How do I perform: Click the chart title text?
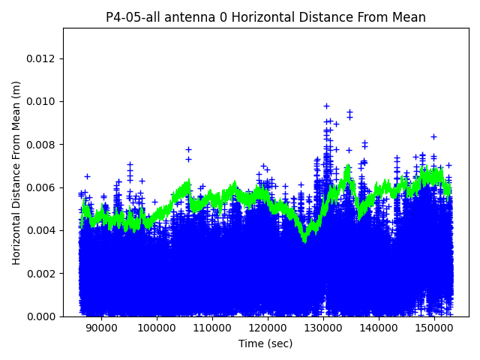tap(265, 17)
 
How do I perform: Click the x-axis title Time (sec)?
tap(265, 343)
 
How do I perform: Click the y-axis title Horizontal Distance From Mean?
tap(16, 172)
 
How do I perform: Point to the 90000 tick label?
tap(100, 327)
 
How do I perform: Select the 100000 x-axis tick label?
tap(156, 327)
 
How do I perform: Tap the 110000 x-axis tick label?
tap(211, 327)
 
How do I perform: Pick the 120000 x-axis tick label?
tap(267, 327)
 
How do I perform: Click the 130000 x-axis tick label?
tap(322, 327)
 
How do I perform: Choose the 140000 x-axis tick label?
tap(378, 327)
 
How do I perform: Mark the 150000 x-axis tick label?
tap(433, 327)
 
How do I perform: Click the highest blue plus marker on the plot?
tap(326, 106)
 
